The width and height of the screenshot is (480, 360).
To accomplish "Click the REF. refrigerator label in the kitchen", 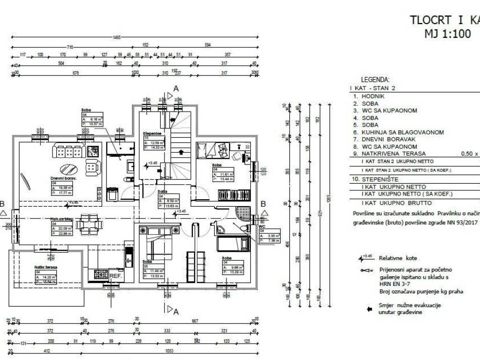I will pyautogui.click(x=115, y=276).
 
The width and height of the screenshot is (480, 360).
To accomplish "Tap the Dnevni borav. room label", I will pyautogui.click(x=63, y=179).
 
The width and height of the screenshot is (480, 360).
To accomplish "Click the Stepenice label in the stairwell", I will pyautogui.click(x=152, y=134).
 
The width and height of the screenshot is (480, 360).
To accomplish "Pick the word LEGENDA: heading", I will pyautogui.click(x=375, y=80).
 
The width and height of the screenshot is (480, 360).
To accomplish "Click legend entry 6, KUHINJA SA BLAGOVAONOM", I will pyautogui.click(x=402, y=133).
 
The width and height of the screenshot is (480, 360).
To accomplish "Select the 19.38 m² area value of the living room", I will pyautogui.click(x=64, y=187).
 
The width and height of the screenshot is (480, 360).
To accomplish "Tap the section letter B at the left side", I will pyautogui.click(x=2, y=203).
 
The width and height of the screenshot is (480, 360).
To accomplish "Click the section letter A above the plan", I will pyautogui.click(x=176, y=88).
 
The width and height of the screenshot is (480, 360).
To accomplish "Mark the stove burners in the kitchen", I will pyautogui.click(x=100, y=273).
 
